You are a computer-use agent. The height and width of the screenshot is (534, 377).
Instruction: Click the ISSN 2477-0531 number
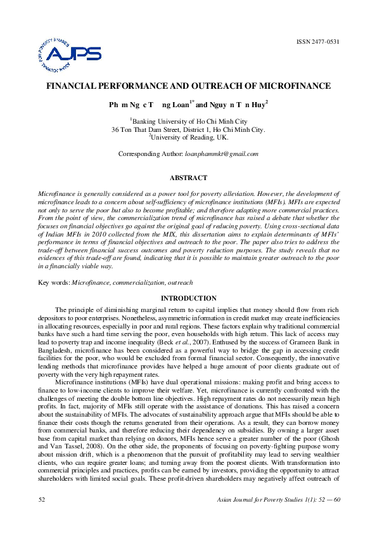click(x=317, y=42)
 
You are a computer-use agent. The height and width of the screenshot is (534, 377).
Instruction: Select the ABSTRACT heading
click(x=188, y=178)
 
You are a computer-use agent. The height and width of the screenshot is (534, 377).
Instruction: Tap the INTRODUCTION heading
click(x=188, y=298)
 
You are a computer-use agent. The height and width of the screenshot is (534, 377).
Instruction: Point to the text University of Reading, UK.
click(x=189, y=136)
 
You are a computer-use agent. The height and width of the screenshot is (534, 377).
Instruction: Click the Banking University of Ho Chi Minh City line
click(x=189, y=120)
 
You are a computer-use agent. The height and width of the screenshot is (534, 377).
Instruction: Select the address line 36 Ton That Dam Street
click(x=188, y=129)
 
